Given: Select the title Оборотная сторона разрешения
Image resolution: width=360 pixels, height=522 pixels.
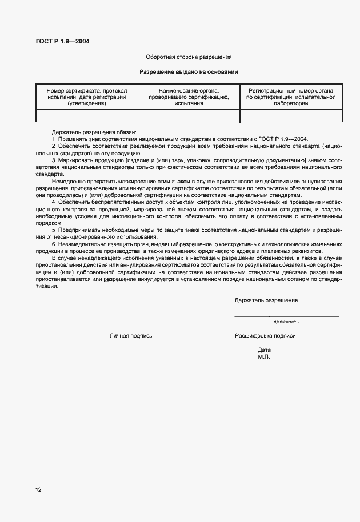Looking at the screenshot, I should click(x=189, y=57).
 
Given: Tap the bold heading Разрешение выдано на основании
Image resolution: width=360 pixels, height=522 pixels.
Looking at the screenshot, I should click(x=189, y=72).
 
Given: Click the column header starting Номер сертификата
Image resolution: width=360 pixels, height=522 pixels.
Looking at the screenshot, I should click(x=87, y=97).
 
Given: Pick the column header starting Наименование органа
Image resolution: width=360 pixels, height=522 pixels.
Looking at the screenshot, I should click(x=189, y=97).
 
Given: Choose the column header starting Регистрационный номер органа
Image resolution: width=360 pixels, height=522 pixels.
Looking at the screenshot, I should click(x=291, y=97).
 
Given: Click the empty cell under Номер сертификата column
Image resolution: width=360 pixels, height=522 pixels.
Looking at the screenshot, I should click(x=87, y=116).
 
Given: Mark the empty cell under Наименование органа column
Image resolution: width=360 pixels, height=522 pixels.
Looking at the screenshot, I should click(x=189, y=116).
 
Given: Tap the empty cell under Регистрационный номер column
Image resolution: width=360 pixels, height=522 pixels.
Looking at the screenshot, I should click(x=291, y=116).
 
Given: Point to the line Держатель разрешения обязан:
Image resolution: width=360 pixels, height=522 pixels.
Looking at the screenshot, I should click(x=94, y=132).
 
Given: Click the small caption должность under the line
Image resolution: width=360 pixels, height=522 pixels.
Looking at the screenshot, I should click(x=286, y=322).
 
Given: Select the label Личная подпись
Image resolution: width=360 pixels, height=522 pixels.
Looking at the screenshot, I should click(x=131, y=336).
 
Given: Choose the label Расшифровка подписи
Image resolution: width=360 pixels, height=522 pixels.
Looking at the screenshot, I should click(x=265, y=336).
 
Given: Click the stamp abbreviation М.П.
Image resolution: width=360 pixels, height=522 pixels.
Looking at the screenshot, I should click(x=263, y=356).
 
